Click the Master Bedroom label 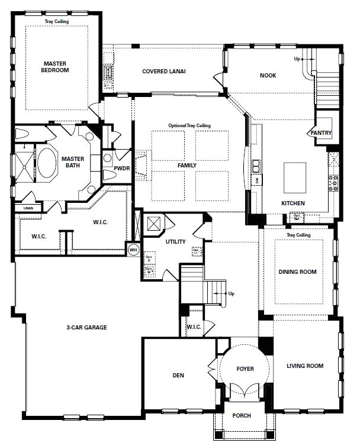pos(56,66)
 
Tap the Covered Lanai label pos(164,72)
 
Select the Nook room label pos(268,76)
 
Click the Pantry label pos(321,133)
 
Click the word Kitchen pos(293,203)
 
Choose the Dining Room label pos(297,272)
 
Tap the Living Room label pos(305,366)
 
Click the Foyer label pos(245,369)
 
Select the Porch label pos(241,416)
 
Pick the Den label pos(178,375)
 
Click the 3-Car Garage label pos(86,327)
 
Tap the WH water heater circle pos(133,250)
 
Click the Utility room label pos(176,241)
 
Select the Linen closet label pos(28,208)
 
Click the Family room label pos(187,166)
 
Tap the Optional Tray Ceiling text pos(189,125)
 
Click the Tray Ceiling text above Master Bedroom pos(57,22)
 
